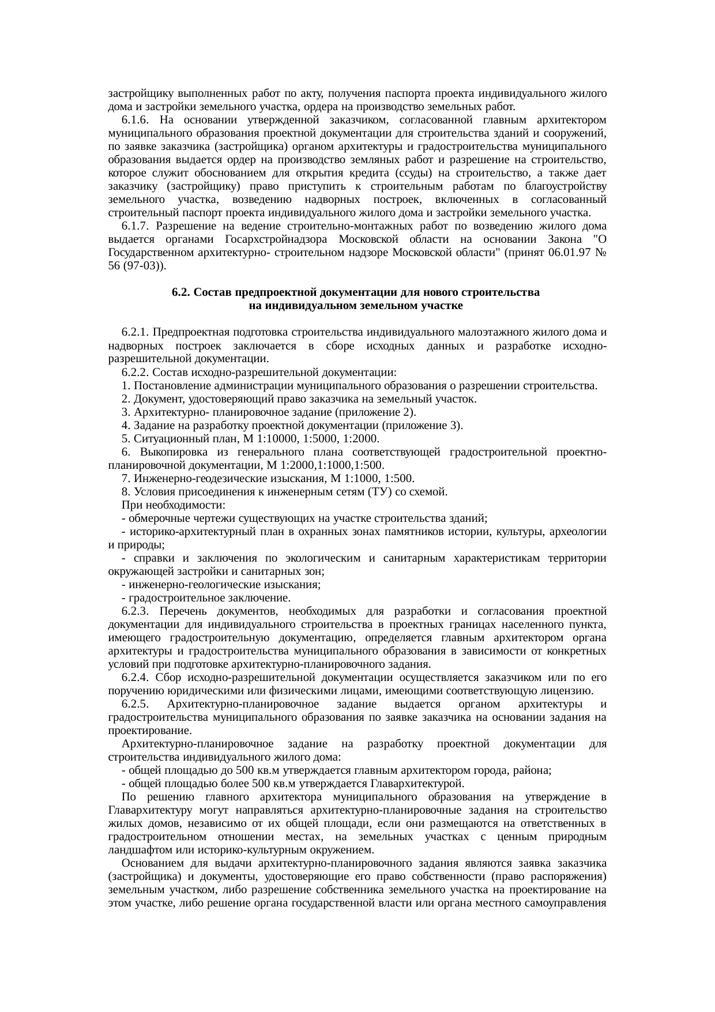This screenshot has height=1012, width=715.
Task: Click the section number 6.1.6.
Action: click(x=136, y=120)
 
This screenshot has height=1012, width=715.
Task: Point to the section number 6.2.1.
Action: click(x=136, y=332)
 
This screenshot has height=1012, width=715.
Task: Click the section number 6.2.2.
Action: click(x=136, y=373)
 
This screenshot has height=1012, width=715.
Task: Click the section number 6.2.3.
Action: click(x=136, y=611)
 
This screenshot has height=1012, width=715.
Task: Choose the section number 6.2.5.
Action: click(x=136, y=705)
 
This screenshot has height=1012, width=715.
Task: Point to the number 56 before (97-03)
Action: click(x=114, y=266)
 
